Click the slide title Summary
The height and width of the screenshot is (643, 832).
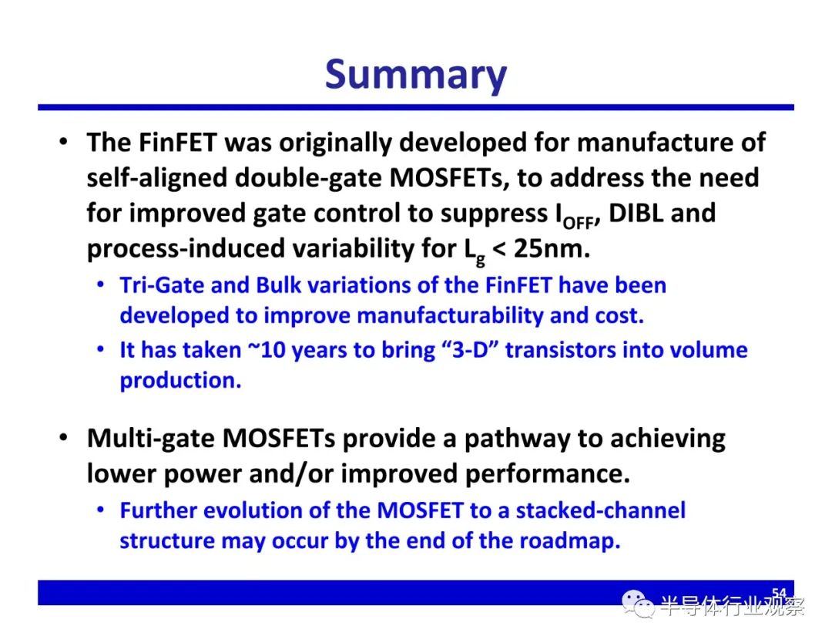pos(415,75)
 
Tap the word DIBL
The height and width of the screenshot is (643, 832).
pos(636,213)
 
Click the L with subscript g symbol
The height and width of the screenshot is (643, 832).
pos(475,251)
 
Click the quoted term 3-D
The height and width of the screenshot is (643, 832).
pos(470,350)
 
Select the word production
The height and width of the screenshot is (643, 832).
pos(180,381)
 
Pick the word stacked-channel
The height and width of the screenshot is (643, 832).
pos(601,510)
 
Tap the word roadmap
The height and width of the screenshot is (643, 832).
pos(569,541)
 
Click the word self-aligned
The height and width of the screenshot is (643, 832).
pos(157,178)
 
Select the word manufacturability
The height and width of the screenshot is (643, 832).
pos(450,316)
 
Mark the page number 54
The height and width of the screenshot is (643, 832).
pos(779,593)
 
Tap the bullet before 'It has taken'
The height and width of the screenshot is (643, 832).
pos(100,350)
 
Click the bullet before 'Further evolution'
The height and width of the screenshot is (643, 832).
pos(100,510)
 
